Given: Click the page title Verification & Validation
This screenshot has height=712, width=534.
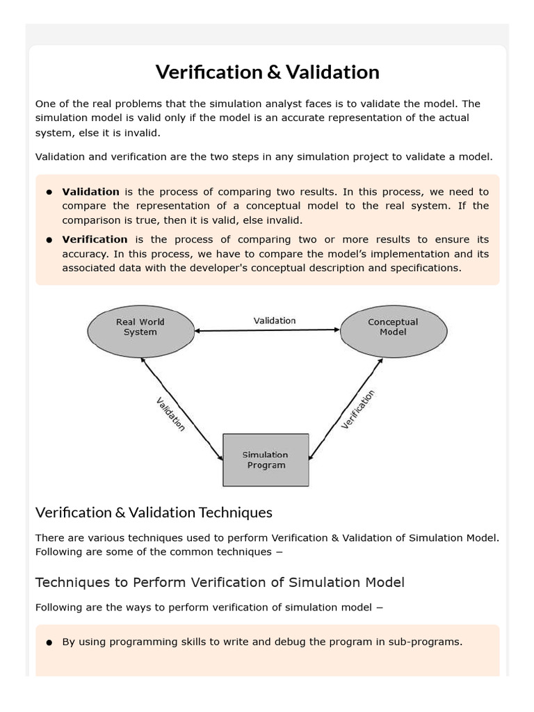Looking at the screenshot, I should tap(267, 72).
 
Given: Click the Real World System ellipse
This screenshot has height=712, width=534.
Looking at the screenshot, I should tap(140, 327).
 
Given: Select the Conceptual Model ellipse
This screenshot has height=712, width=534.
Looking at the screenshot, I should tap(393, 327).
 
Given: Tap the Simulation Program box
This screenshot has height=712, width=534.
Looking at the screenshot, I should tap(266, 460).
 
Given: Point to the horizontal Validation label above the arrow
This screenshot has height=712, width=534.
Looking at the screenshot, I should tap(274, 321).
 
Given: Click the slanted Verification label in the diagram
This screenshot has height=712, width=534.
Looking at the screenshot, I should tap(358, 410).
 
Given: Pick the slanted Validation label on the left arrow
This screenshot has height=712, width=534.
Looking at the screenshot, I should tap(170, 414).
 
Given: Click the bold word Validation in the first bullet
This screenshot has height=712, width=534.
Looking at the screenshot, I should tap(90, 192).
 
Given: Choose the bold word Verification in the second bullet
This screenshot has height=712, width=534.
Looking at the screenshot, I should tap(95, 240).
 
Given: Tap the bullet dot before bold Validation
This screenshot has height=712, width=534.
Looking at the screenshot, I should tap(49, 193).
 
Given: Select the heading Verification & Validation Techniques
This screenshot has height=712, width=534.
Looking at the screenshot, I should tap(154, 513).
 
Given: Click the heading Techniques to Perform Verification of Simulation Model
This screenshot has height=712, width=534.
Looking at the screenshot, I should tap(220, 583).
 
